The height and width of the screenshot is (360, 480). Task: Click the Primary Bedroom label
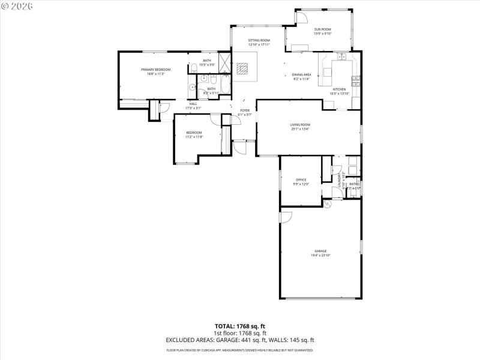tap(155, 70)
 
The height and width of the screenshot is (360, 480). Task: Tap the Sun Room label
tap(322, 29)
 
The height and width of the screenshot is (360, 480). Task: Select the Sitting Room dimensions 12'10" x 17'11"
tap(259, 44)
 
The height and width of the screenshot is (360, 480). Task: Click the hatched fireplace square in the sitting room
tap(242, 68)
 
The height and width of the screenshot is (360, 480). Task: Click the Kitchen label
tap(339, 89)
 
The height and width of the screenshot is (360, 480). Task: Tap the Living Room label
tap(300, 124)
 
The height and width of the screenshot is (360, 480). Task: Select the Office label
tap(301, 179)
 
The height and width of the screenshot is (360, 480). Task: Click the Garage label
tap(320, 251)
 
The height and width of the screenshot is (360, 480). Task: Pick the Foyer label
tap(245, 110)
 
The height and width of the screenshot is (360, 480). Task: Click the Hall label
tap(193, 104)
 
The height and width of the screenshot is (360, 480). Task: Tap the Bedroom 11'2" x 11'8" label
tap(194, 133)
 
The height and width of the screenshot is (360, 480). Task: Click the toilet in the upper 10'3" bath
tap(196, 67)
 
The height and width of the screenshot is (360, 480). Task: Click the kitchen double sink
tap(344, 58)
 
